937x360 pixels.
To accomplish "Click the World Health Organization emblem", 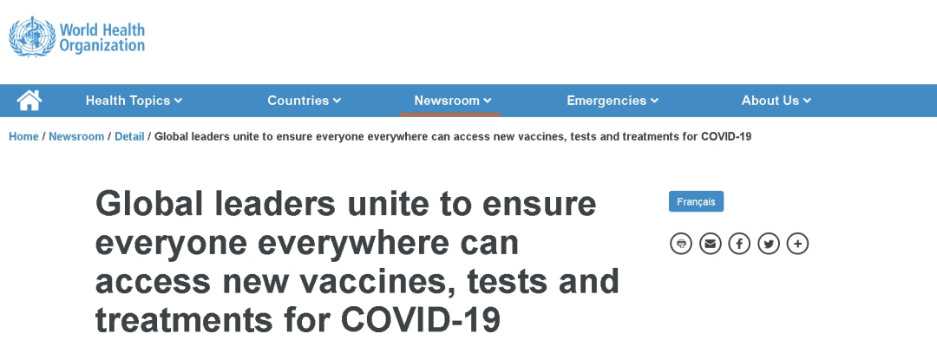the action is pyautogui.click(x=32, y=37).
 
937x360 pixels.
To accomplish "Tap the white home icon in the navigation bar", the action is pyautogui.click(x=29, y=101).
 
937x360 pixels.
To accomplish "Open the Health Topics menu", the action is pyautogui.click(x=134, y=101).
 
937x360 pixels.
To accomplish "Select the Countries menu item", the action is pyautogui.click(x=305, y=101).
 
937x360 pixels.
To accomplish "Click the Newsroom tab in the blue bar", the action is pyautogui.click(x=452, y=101).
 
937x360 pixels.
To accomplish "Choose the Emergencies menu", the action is pyautogui.click(x=613, y=101).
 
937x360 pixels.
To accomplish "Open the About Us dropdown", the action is pyautogui.click(x=776, y=101).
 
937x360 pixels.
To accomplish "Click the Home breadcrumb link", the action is pyautogui.click(x=24, y=137).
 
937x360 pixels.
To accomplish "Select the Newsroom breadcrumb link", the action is pyautogui.click(x=76, y=137).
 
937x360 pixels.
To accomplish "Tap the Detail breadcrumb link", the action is pyautogui.click(x=129, y=137).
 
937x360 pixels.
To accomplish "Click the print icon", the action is pyautogui.click(x=681, y=244).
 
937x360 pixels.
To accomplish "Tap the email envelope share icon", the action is pyautogui.click(x=711, y=244).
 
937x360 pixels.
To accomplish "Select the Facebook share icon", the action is pyautogui.click(x=739, y=244).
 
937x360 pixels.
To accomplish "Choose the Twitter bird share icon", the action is pyautogui.click(x=769, y=244).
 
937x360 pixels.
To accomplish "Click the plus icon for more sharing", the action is pyautogui.click(x=798, y=244).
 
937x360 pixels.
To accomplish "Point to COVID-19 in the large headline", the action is pyautogui.click(x=421, y=319).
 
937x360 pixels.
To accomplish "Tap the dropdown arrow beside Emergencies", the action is pyautogui.click(x=654, y=101).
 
